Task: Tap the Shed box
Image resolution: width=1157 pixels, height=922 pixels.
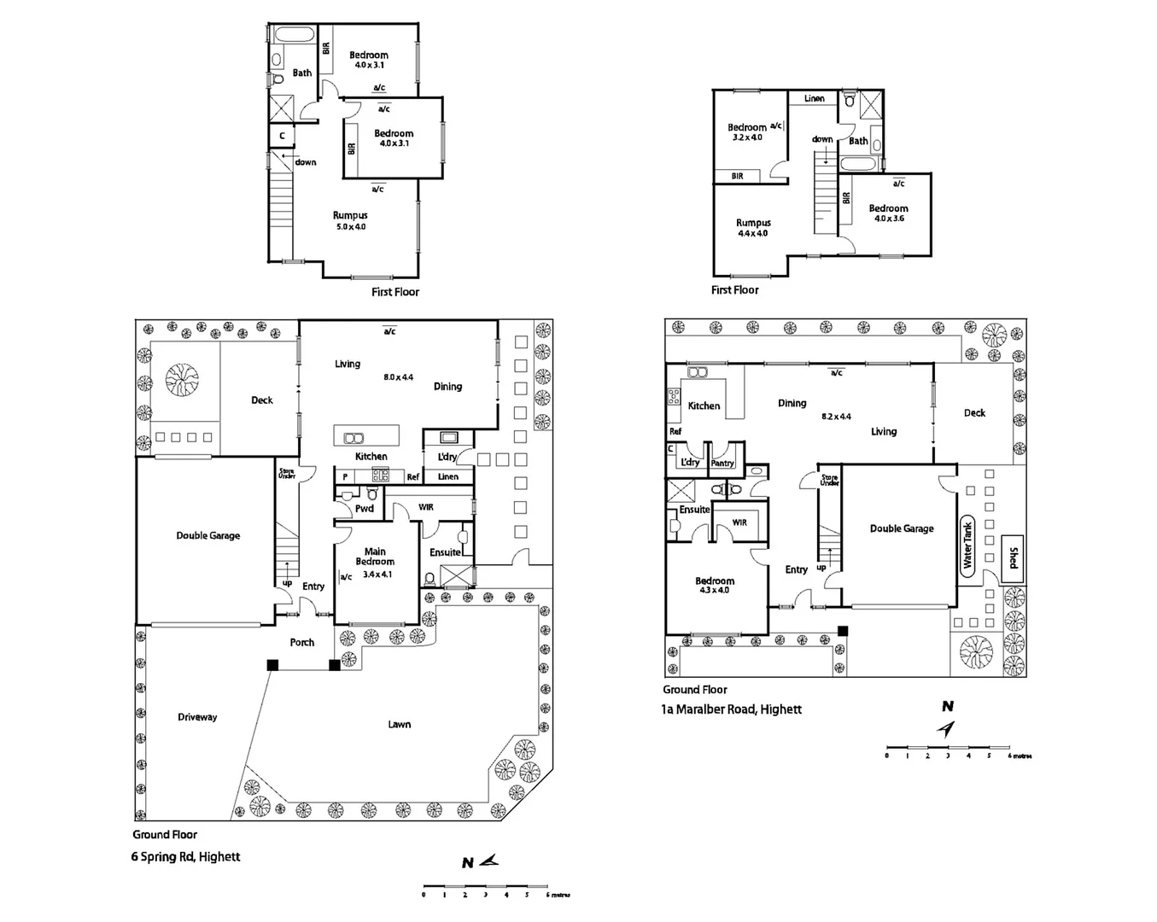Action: pyautogui.click(x=1013, y=558)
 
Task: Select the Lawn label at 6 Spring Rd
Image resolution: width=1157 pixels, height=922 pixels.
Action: pyautogui.click(x=400, y=724)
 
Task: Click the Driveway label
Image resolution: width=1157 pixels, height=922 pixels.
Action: pyautogui.click(x=197, y=717)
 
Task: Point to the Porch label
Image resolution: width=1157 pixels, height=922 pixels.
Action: pyautogui.click(x=302, y=642)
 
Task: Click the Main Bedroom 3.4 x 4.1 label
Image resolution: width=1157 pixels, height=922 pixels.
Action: pyautogui.click(x=375, y=563)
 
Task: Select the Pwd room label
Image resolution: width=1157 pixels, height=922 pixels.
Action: pyautogui.click(x=365, y=509)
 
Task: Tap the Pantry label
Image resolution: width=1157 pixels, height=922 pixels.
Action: pyautogui.click(x=722, y=463)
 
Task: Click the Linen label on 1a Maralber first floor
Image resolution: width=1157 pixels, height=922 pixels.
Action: pyautogui.click(x=815, y=98)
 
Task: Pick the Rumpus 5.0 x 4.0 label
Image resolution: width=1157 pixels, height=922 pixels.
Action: pyautogui.click(x=350, y=221)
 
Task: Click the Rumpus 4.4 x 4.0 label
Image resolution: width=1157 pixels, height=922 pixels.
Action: pyautogui.click(x=753, y=228)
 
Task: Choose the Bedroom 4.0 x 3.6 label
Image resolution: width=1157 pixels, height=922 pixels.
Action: pyautogui.click(x=888, y=213)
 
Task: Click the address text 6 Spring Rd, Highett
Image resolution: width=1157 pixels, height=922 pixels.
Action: pyautogui.click(x=186, y=856)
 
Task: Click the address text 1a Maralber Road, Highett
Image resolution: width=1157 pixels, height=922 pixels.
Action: pyautogui.click(x=733, y=709)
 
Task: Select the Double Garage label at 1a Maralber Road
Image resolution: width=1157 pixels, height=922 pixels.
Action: pyautogui.click(x=902, y=528)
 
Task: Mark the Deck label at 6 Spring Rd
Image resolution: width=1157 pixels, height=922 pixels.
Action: pyautogui.click(x=262, y=400)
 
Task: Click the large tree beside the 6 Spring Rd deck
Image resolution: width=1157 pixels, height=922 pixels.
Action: pyautogui.click(x=182, y=381)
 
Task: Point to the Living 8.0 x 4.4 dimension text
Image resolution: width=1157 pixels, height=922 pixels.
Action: pyautogui.click(x=399, y=376)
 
